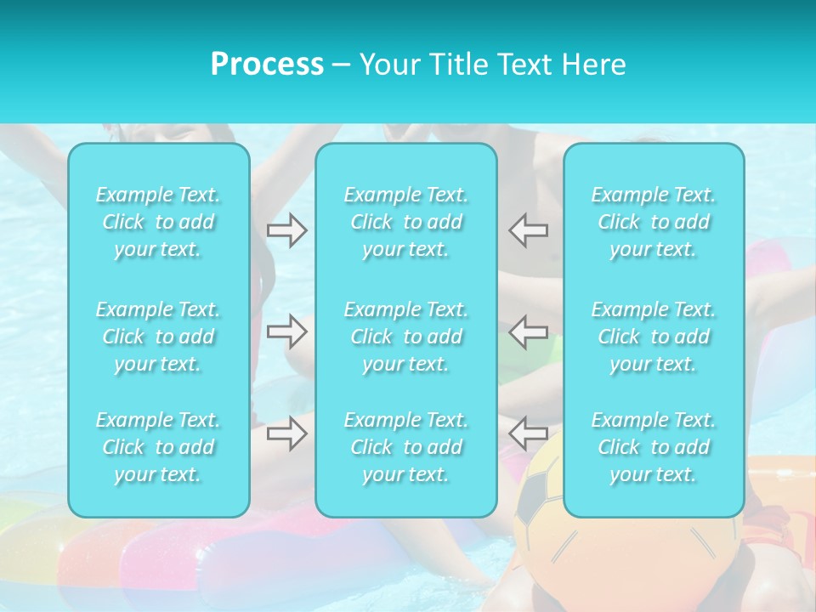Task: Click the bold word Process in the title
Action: pos(267,65)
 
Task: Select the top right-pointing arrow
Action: pos(286,230)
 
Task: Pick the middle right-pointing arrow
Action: pos(286,331)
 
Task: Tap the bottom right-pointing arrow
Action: pos(286,433)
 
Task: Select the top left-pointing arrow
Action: pos(528,230)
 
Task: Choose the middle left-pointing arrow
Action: pos(528,331)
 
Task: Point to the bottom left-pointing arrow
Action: pos(528,433)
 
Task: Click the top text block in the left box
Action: pos(158,222)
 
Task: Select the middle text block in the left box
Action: pos(158,337)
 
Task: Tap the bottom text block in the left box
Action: pos(158,447)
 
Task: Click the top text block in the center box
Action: pos(406,222)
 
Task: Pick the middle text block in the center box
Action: pos(406,337)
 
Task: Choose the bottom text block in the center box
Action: pos(406,447)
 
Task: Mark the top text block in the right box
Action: pos(654,222)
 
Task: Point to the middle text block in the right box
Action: pos(654,337)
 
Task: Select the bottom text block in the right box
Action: pos(654,447)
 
